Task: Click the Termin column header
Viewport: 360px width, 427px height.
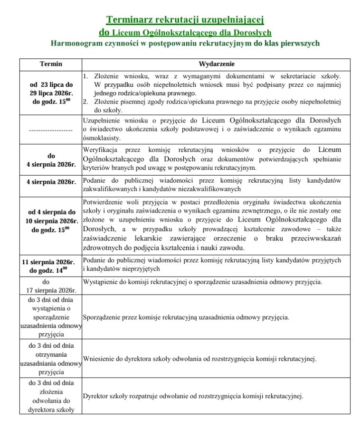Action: (51, 64)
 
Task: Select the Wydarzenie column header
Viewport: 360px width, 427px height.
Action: (216, 64)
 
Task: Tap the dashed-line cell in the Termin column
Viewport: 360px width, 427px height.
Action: (51, 129)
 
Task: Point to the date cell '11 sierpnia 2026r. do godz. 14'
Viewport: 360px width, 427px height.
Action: (49, 266)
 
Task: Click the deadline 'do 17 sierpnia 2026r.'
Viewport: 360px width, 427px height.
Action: (51, 286)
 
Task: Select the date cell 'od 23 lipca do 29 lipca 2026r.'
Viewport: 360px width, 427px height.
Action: (51, 93)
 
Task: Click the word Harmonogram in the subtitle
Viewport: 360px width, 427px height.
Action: (76, 44)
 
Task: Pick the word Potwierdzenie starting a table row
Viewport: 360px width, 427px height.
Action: (105, 201)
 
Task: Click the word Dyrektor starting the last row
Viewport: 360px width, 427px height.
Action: (96, 396)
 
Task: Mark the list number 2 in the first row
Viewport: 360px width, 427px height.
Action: (85, 101)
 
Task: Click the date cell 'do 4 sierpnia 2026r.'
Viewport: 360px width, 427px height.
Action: (51, 159)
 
